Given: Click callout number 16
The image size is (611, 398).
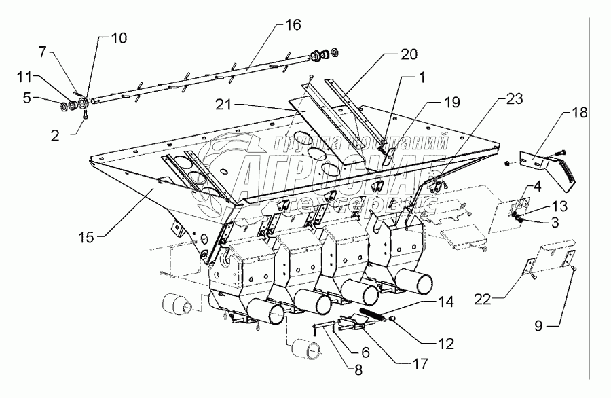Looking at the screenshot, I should (x=292, y=26).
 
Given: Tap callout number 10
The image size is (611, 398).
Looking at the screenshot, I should (x=118, y=38).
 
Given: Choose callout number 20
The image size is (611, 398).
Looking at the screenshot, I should (x=410, y=54).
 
